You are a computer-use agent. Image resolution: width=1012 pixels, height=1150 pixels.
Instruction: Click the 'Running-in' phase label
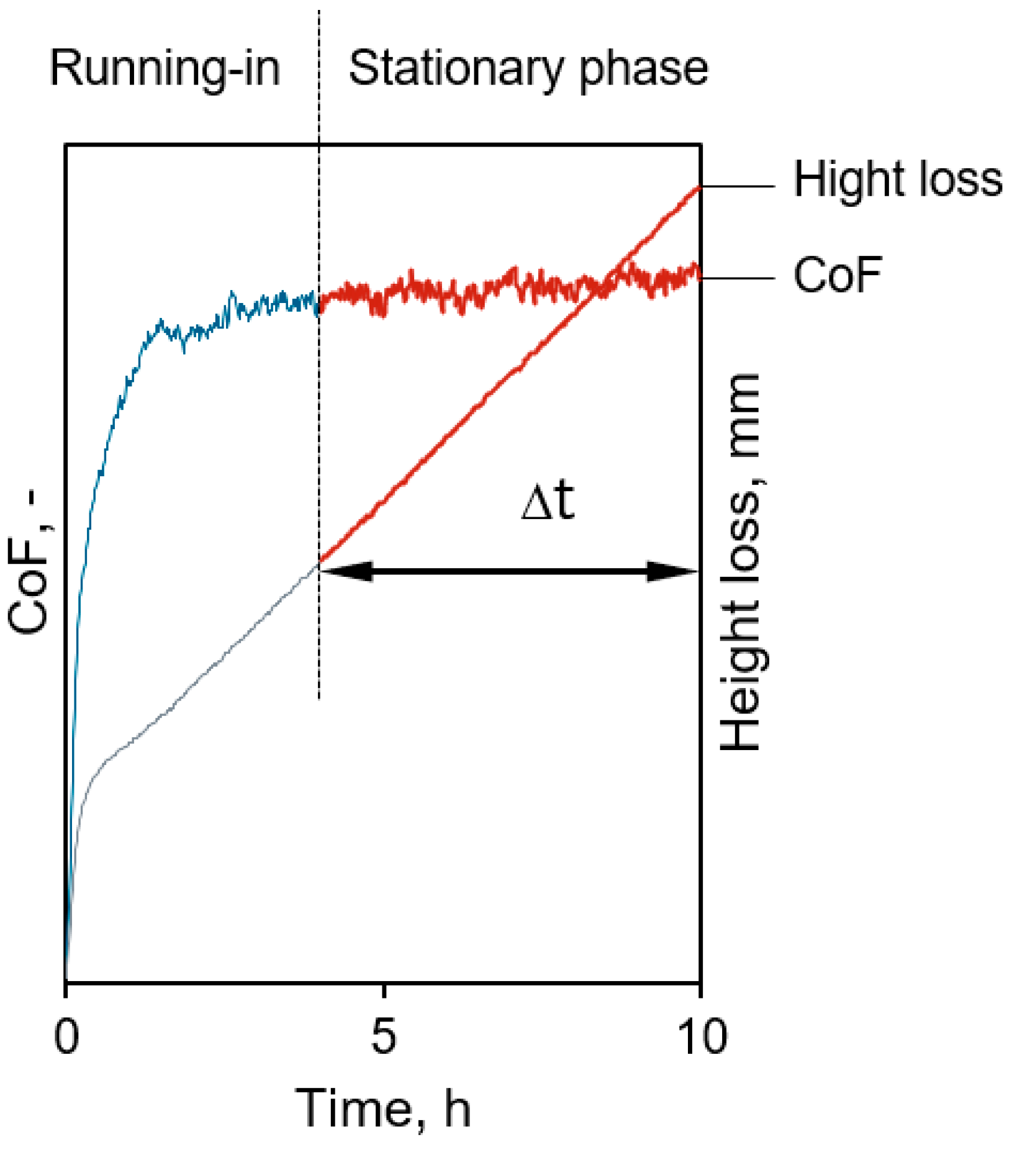(165, 68)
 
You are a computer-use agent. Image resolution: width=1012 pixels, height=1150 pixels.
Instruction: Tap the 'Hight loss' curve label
(897, 180)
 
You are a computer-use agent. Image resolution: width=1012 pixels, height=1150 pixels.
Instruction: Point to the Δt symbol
(548, 502)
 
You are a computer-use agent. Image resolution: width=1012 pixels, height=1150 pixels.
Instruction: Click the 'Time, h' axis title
(383, 1108)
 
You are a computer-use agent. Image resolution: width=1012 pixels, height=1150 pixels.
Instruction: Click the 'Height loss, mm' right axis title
(740, 562)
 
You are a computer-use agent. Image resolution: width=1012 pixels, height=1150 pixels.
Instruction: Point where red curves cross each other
(603, 286)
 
